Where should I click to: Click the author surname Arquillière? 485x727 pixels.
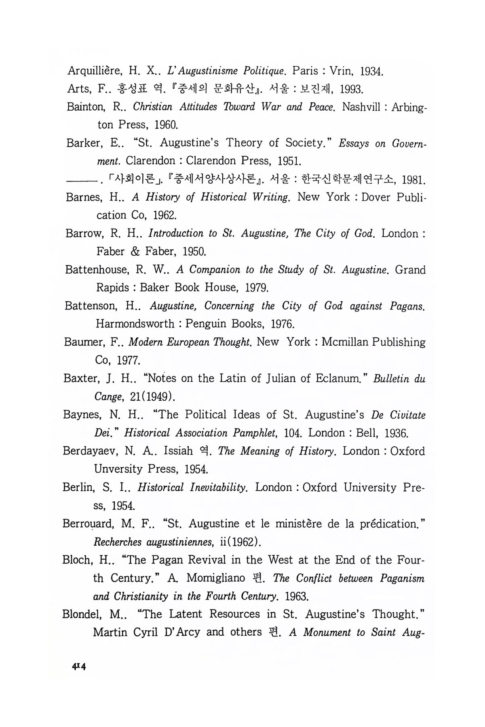[94, 72]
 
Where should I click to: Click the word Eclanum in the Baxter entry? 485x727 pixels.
[335, 378]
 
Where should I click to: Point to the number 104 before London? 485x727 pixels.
[293, 433]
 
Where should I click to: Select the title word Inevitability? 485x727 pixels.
[218, 487]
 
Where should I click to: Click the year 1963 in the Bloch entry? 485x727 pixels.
[297, 596]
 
